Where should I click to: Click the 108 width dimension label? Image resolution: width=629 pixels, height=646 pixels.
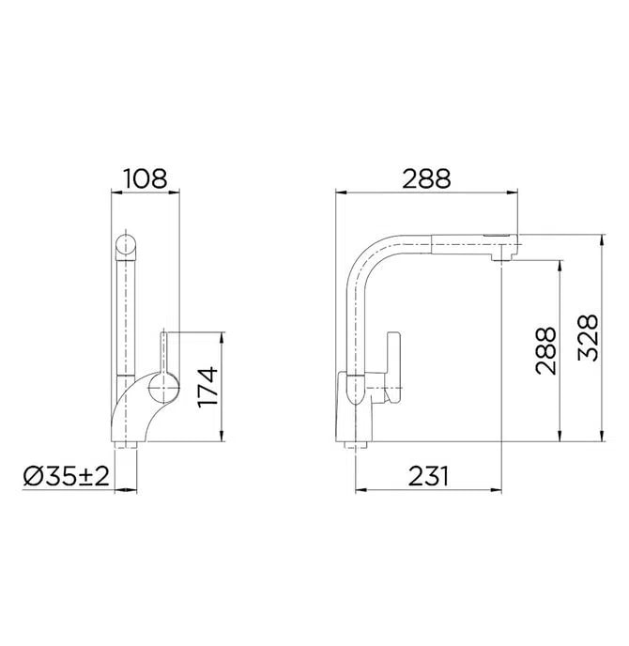point(145,176)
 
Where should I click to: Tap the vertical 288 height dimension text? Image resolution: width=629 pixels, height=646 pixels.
point(546,351)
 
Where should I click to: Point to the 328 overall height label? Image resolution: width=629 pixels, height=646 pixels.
point(588,337)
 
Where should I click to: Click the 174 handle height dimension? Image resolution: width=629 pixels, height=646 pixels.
point(208,387)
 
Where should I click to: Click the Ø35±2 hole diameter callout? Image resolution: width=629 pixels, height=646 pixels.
point(66,476)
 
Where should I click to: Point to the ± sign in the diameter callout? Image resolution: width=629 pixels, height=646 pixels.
point(85,476)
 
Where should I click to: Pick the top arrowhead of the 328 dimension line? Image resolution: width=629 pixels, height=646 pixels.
point(602,238)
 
